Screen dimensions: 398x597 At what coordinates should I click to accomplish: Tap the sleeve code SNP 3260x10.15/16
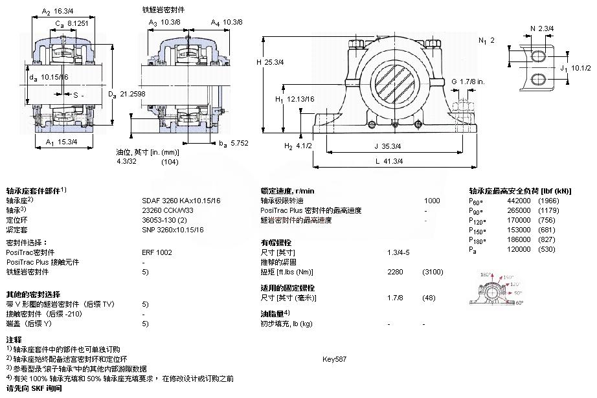pos(172,229)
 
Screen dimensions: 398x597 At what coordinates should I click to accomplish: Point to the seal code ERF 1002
pos(157,252)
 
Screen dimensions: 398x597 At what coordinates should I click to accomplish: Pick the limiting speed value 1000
pos(431,201)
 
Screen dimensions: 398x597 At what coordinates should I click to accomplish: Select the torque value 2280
pos(395,272)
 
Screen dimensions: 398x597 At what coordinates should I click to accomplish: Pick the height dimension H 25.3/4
pos(271,62)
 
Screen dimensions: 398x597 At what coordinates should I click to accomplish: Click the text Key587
pos(334,359)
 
